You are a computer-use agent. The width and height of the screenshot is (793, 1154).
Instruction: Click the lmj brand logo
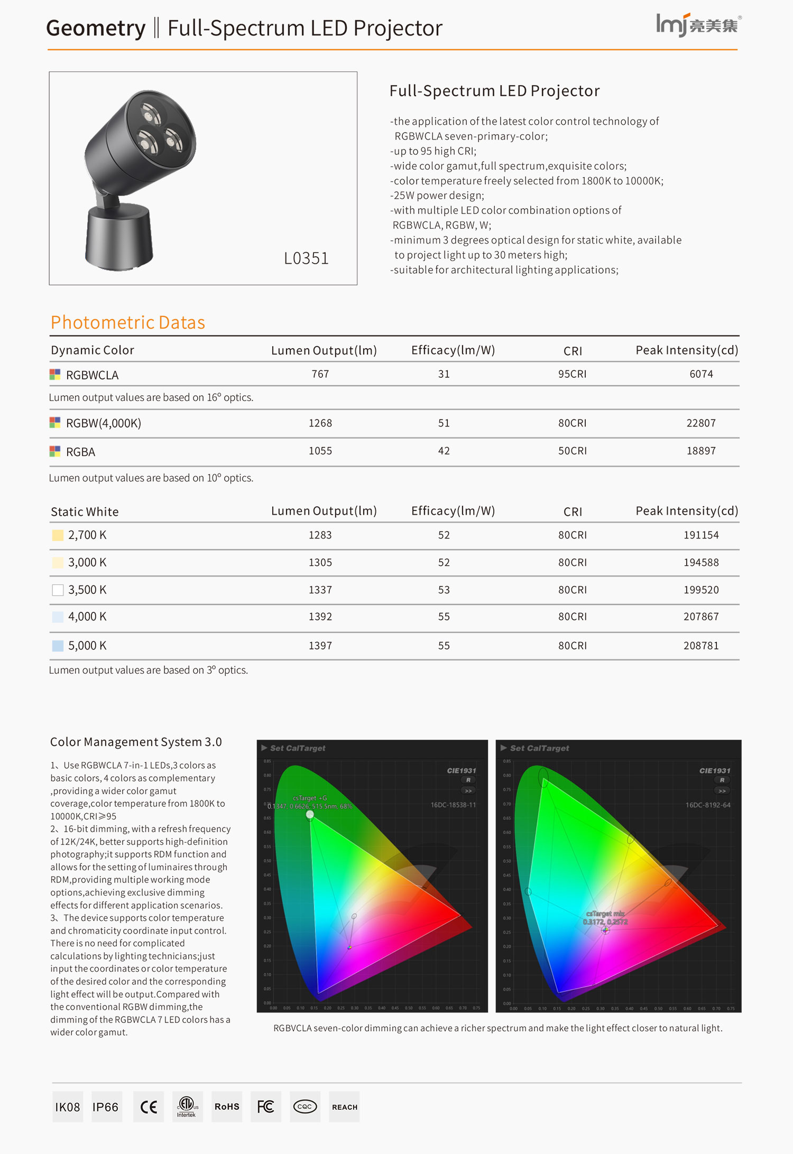698,24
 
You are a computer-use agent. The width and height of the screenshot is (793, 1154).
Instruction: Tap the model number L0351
306,258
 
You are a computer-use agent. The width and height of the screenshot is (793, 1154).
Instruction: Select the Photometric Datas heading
128,322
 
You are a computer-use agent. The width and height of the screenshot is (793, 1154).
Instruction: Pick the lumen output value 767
320,374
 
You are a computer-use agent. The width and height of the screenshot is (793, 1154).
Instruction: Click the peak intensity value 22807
701,423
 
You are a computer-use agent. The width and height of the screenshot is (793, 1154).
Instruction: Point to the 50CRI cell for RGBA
572,451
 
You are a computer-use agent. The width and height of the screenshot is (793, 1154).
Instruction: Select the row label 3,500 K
87,590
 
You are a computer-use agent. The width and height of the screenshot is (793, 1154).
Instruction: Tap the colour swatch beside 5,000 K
58,646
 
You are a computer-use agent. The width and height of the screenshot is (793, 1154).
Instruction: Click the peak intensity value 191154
701,535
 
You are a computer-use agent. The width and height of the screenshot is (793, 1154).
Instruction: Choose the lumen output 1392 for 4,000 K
320,617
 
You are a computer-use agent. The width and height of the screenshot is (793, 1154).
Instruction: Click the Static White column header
85,511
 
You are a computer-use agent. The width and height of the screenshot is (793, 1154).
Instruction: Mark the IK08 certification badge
68,1107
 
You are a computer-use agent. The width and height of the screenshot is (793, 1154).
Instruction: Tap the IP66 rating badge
106,1107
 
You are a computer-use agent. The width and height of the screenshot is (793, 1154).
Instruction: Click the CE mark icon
149,1107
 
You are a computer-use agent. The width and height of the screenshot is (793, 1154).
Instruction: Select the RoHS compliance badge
227,1107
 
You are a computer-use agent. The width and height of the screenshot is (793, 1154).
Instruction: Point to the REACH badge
345,1107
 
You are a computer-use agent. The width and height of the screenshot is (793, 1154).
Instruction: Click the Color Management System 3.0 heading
136,742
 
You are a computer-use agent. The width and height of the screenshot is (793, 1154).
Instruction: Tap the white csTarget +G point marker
310,814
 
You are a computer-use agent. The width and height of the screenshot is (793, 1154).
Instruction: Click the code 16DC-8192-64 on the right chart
708,805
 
